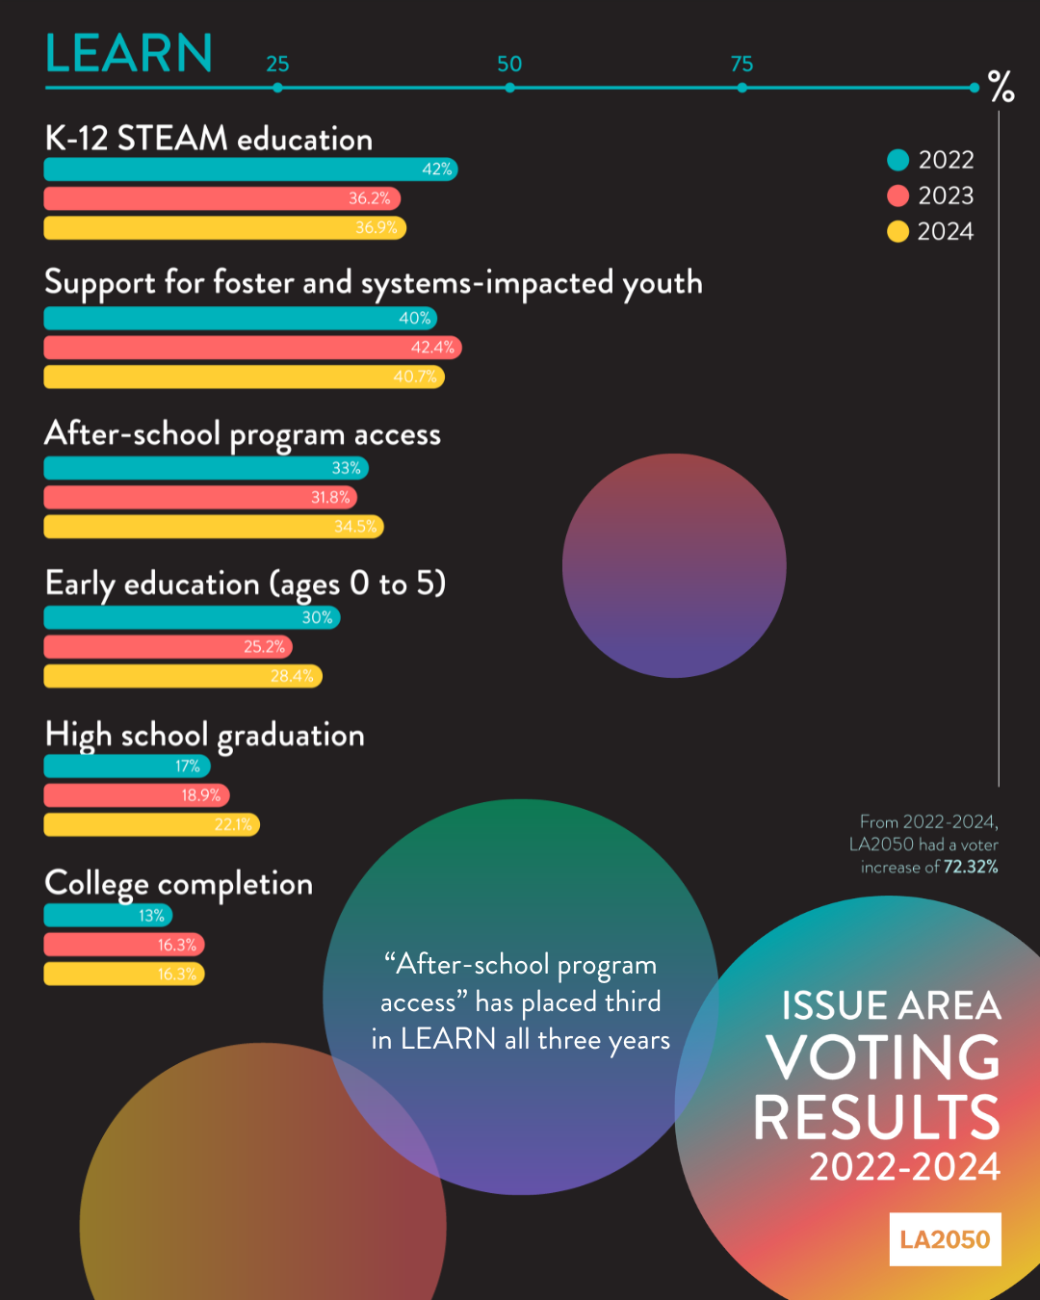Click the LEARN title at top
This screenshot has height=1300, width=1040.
[x=129, y=54]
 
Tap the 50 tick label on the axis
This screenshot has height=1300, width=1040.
[x=509, y=65]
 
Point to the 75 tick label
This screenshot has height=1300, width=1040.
[x=741, y=65]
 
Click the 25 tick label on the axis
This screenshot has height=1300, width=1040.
[x=277, y=65]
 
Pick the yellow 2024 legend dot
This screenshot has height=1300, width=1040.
[x=897, y=232]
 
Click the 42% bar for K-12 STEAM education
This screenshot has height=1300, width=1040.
[x=250, y=169]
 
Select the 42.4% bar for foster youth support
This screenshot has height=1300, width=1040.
[x=252, y=348]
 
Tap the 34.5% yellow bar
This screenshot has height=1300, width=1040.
[x=214, y=527]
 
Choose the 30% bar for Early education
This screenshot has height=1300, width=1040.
[x=192, y=617]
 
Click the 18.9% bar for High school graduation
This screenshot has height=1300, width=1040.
[x=137, y=795]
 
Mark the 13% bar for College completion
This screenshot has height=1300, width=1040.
[x=108, y=916]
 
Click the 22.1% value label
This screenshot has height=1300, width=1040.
[x=233, y=825]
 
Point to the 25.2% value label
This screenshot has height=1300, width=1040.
[x=264, y=647]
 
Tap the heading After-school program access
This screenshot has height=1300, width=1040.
[x=243, y=435]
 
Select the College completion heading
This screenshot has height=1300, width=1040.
[x=179, y=884]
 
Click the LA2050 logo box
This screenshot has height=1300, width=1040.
[x=945, y=1239]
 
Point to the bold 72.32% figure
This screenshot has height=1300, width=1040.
[x=971, y=868]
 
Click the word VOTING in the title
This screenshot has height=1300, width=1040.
[x=883, y=1058]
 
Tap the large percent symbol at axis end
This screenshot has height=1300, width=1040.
[x=1001, y=87]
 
